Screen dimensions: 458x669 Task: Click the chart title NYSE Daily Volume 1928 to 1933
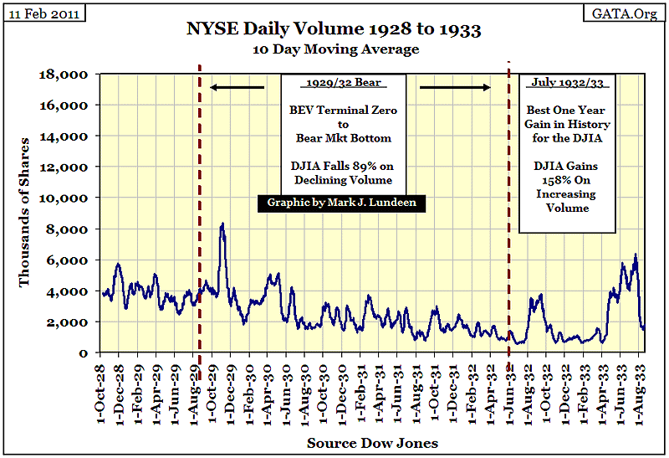click(x=334, y=31)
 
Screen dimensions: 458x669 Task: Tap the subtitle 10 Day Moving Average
click(x=334, y=50)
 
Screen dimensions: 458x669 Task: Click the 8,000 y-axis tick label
click(x=70, y=229)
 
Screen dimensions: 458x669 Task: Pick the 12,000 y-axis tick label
click(x=67, y=167)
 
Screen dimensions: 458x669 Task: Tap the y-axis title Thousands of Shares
click(x=25, y=214)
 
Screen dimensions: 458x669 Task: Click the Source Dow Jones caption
click(x=371, y=442)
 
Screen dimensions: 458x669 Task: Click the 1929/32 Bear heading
click(x=343, y=85)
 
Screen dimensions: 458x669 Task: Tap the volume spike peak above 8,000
click(x=222, y=224)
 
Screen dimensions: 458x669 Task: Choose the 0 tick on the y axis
click(x=86, y=353)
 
